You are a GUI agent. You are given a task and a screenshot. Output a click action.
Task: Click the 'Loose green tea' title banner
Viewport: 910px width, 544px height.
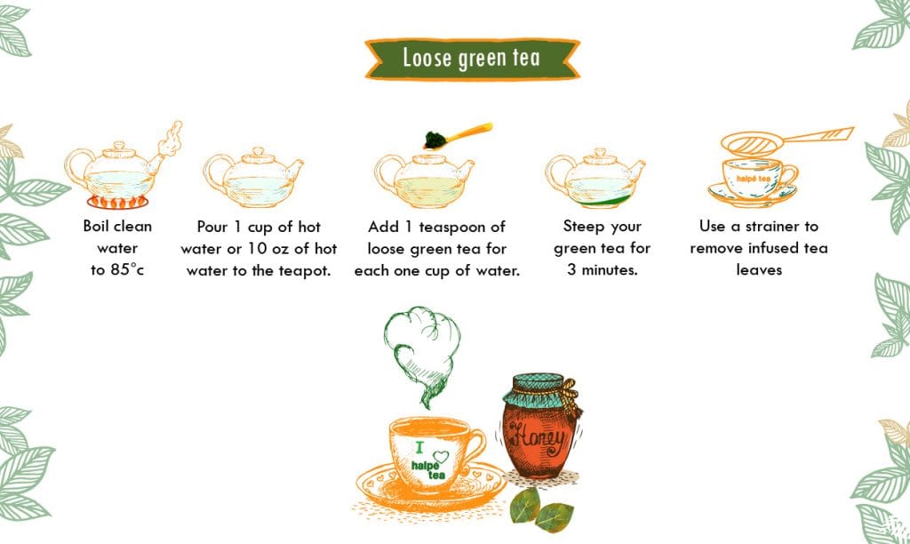point(470,58)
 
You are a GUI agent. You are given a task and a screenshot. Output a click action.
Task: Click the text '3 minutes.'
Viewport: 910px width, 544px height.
point(602,270)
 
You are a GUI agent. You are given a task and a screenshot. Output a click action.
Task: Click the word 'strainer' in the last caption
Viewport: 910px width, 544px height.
point(778,227)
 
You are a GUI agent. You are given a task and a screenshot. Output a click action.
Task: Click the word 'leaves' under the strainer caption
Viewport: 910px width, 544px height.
point(758,270)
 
